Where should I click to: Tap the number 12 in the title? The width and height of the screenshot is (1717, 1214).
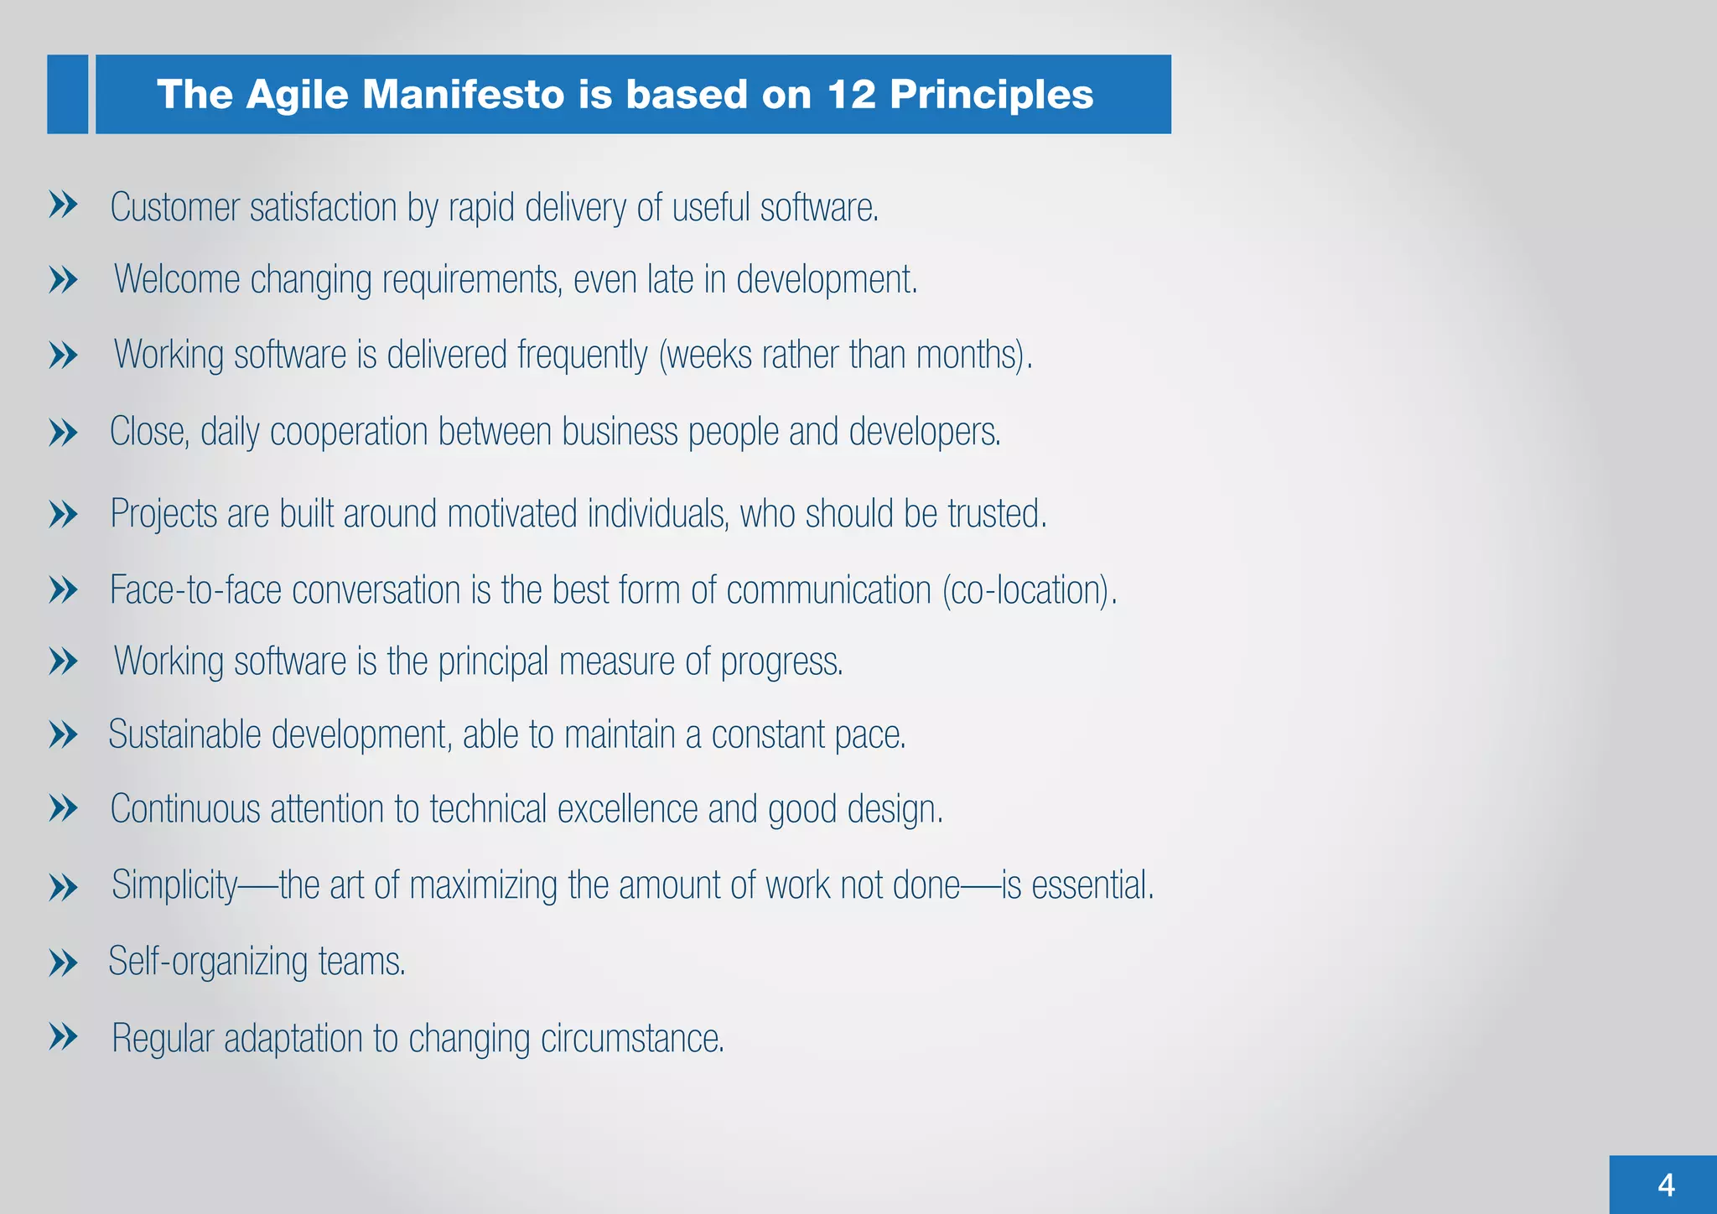tap(851, 94)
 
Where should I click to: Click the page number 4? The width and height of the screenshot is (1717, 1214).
tap(1666, 1185)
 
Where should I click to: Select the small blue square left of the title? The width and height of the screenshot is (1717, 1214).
tap(67, 94)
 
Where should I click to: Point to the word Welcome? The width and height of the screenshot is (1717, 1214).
tap(177, 279)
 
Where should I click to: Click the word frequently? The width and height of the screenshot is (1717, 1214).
tap(583, 355)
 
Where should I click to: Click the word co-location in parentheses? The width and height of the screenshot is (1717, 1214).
tap(1029, 589)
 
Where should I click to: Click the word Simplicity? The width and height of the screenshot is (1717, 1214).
tap(174, 885)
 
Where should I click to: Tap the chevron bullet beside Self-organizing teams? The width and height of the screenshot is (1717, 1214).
tap(63, 962)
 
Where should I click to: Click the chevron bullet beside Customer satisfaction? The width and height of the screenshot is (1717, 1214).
tap(63, 205)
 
